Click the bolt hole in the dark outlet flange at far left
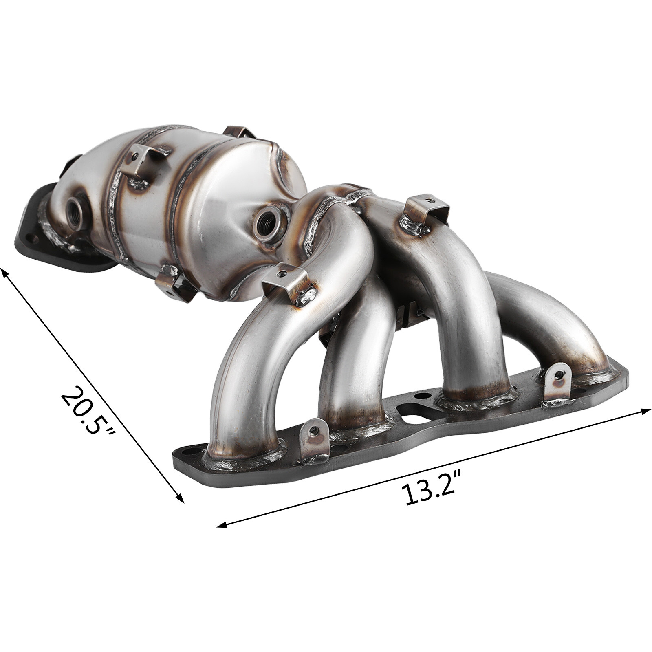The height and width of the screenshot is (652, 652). coord(29,236)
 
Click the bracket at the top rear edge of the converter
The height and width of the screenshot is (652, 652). coord(240,132)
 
